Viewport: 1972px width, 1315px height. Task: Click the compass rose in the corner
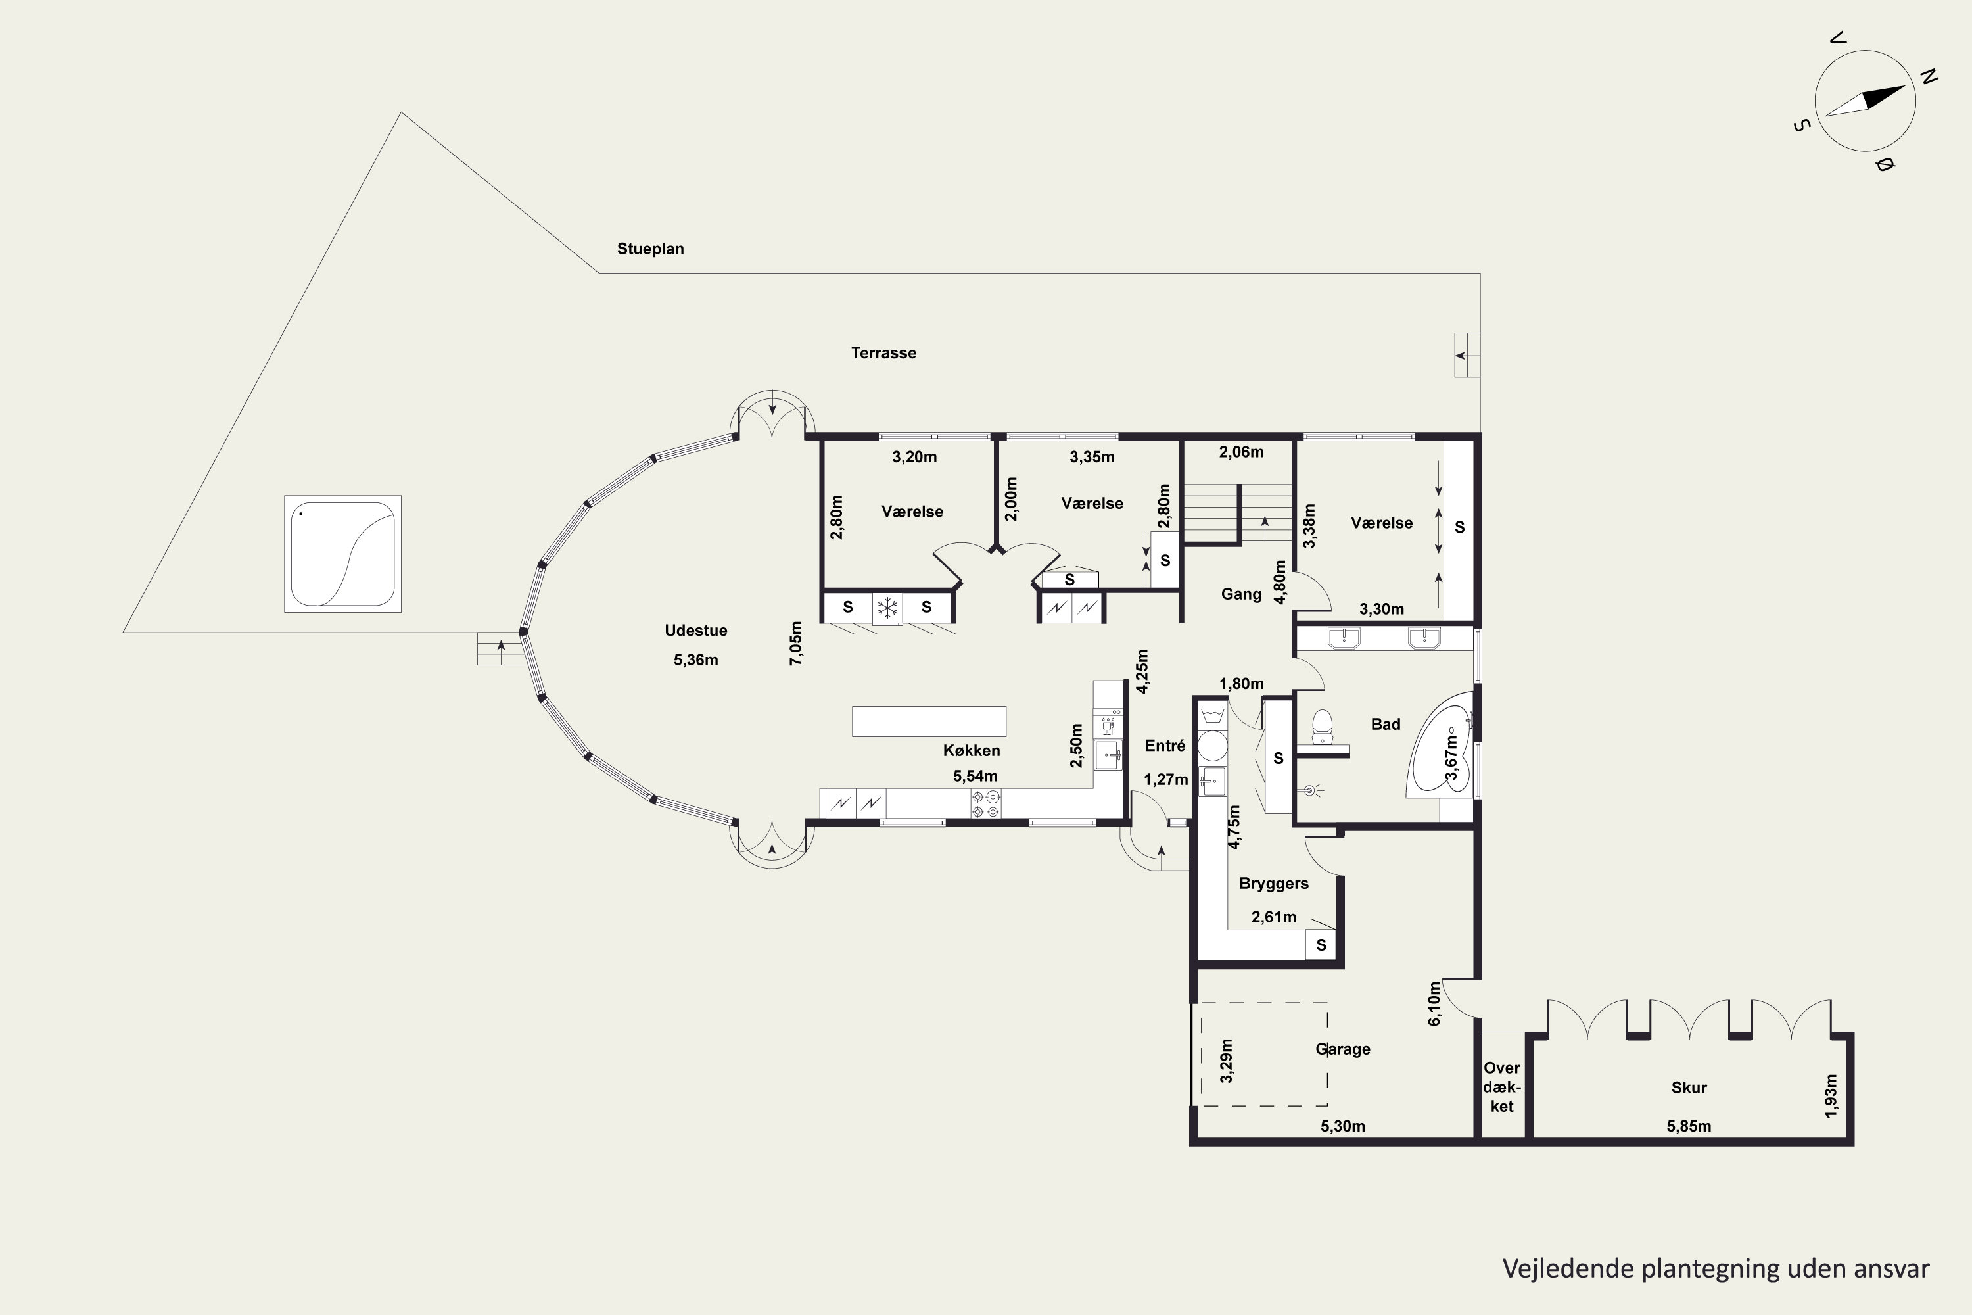[1865, 101]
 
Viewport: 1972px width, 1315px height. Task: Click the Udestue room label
[696, 631]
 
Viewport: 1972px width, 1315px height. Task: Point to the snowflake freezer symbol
[887, 607]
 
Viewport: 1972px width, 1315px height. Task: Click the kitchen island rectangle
[929, 721]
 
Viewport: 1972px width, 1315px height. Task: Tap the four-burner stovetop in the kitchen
[986, 803]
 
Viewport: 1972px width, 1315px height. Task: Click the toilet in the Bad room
[1322, 727]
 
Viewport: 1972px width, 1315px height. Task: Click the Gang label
[1241, 594]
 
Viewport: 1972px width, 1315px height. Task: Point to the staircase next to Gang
[1238, 514]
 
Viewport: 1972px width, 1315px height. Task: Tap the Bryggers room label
[1274, 883]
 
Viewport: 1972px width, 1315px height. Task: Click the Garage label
[1342, 1049]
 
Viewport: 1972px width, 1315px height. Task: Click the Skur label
[1689, 1088]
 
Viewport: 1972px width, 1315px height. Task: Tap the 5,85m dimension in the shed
[1689, 1126]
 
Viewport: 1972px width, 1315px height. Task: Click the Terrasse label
[883, 353]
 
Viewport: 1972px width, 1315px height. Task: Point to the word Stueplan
[651, 249]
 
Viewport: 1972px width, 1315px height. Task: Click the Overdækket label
[1501, 1087]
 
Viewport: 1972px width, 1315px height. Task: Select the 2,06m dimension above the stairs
[1241, 452]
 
